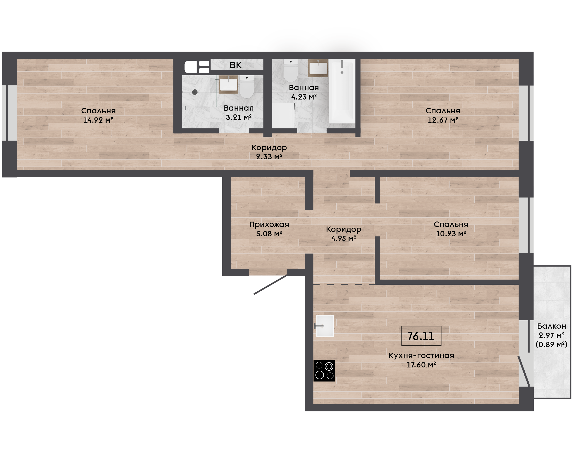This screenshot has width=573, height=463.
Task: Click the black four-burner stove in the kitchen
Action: pos(324,371)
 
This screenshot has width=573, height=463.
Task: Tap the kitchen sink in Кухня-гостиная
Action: pos(325,326)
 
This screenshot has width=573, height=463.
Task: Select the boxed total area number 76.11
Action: pos(421,336)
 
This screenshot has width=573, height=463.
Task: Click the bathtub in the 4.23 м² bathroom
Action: pos(342,91)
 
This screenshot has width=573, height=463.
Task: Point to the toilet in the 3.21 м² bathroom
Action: pos(247,87)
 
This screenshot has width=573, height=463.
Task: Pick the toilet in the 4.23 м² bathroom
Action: pos(290,70)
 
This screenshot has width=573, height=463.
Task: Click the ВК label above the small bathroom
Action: pos(236,65)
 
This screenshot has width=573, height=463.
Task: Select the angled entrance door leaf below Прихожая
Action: pos(270,284)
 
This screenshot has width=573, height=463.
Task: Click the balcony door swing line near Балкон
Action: pos(523,371)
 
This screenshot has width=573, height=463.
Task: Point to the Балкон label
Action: pos(551,326)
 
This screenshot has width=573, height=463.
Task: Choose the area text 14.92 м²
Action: pos(99,120)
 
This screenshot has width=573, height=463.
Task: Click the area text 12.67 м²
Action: pos(443,120)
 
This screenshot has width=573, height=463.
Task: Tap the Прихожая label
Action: pos(269,224)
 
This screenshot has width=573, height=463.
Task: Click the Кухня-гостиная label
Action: pos(421,356)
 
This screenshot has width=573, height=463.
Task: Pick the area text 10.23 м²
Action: pos(451,234)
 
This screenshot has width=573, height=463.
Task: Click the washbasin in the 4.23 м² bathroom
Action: pos(318,68)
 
